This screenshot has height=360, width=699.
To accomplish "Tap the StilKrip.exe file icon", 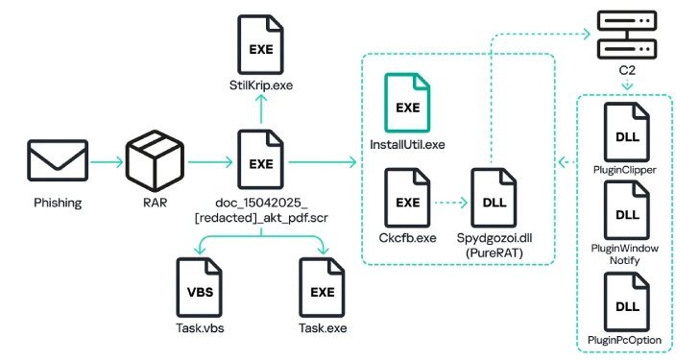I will coord(261,46).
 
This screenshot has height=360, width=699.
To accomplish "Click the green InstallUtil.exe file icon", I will coord(408,104).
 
